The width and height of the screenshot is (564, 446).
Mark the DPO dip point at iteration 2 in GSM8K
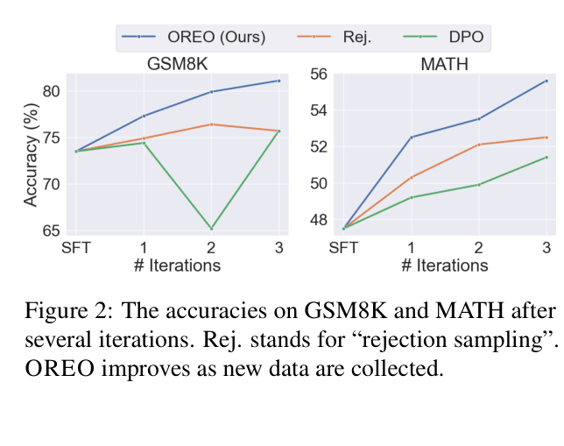coord(211,229)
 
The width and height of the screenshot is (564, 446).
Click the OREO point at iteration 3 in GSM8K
coord(278,81)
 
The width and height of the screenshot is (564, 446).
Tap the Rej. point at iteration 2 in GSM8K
coord(211,124)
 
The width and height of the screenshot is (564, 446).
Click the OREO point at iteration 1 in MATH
coord(412,137)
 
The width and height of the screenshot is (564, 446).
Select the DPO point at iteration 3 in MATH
coord(546,158)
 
